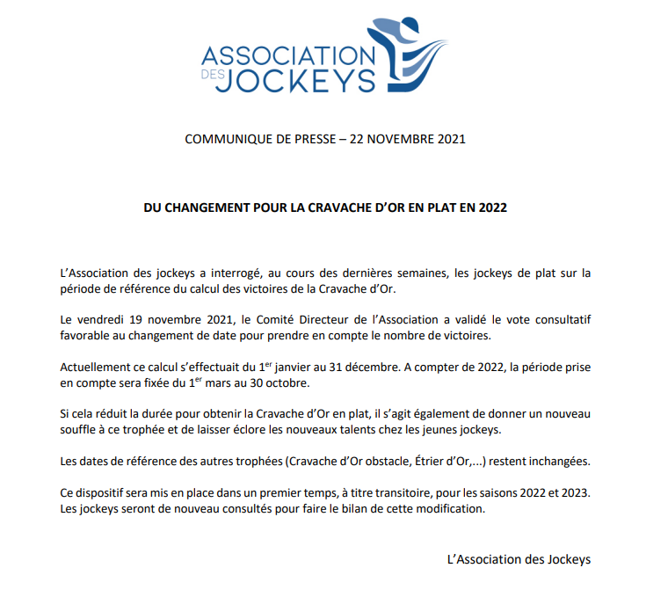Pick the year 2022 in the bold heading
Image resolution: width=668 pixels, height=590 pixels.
(x=492, y=209)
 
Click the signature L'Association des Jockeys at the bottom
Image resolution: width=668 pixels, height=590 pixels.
(x=519, y=559)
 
